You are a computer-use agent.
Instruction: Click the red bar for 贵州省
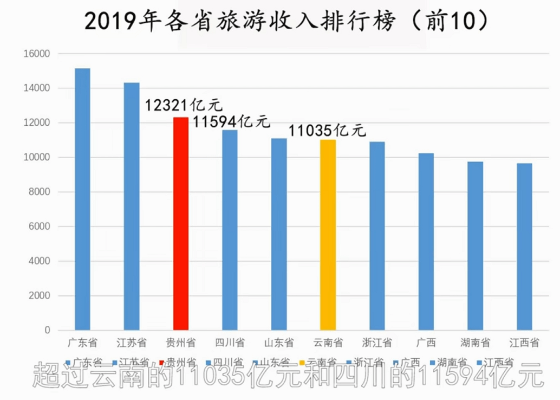pyautogui.click(x=180, y=223)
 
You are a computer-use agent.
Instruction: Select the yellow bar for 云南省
pyautogui.click(x=328, y=235)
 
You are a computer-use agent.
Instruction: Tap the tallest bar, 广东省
pyautogui.click(x=82, y=199)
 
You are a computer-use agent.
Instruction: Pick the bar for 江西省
pyautogui.click(x=524, y=247)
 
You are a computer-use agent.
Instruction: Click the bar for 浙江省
pyautogui.click(x=377, y=236)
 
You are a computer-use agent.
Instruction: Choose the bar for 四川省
pyautogui.click(x=230, y=230)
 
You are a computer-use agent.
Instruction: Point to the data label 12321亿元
pyautogui.click(x=183, y=105)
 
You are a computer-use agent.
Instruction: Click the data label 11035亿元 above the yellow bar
pyautogui.click(x=327, y=131)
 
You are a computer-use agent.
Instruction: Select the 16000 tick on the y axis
pyautogui.click(x=36, y=54)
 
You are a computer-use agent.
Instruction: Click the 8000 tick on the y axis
pyautogui.click(x=38, y=192)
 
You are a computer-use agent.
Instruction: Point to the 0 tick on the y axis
pyautogui.click(x=47, y=330)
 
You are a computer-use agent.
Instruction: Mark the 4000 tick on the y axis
pyautogui.click(x=38, y=261)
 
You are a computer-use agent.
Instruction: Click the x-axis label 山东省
pyautogui.click(x=279, y=343)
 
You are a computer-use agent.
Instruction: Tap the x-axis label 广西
pyautogui.click(x=426, y=343)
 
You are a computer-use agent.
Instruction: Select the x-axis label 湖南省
pyautogui.click(x=475, y=343)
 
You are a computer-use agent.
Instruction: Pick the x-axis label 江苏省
pyautogui.click(x=132, y=343)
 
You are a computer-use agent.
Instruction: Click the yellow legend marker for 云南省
pyautogui.click(x=303, y=362)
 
